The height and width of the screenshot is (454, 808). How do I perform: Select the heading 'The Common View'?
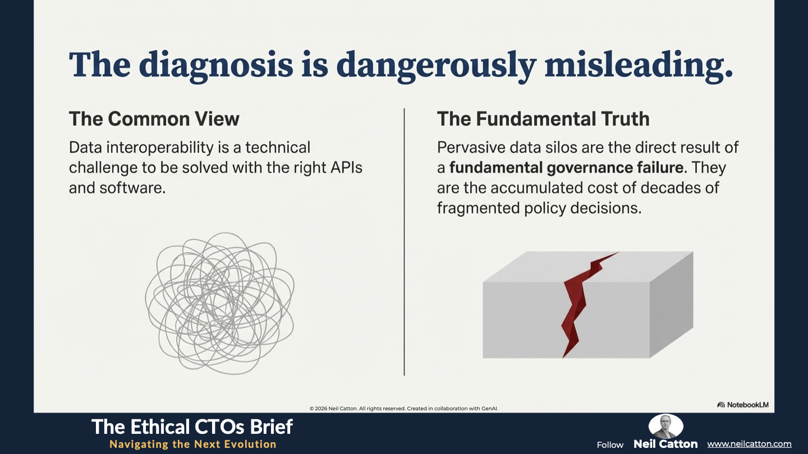click(x=154, y=119)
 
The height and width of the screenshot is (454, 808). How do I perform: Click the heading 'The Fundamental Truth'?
click(x=543, y=119)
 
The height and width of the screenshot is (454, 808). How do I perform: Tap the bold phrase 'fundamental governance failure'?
click(x=566, y=168)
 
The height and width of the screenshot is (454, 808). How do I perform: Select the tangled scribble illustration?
click(x=220, y=303)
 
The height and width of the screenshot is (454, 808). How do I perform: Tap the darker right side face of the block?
click(x=671, y=304)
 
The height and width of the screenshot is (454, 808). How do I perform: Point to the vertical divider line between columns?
click(x=405, y=242)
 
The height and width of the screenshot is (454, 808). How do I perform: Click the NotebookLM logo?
click(x=743, y=405)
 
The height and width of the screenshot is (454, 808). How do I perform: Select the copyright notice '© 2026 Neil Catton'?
click(x=334, y=409)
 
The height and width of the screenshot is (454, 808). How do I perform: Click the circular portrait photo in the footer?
click(x=666, y=426)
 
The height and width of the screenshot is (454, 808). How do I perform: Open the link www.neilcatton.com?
click(x=749, y=444)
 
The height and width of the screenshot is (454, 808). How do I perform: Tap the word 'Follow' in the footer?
click(x=610, y=445)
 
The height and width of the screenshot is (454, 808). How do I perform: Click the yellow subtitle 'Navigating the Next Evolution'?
click(x=193, y=444)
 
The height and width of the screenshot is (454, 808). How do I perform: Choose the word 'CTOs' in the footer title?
click(x=224, y=427)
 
